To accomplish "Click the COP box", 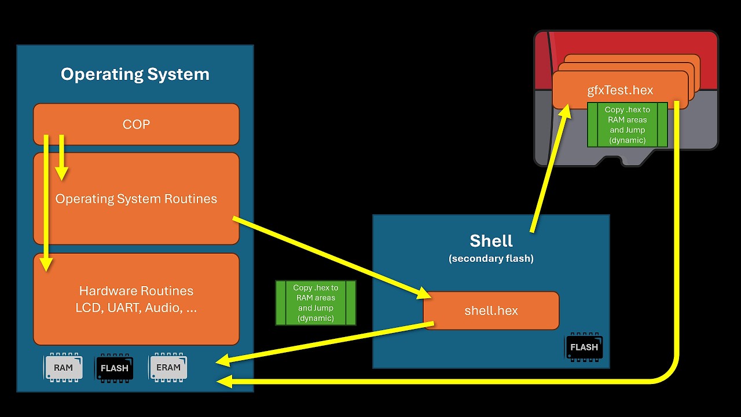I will tap(136, 124).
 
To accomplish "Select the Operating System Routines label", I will tap(136, 199).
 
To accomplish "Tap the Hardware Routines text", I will tap(136, 291).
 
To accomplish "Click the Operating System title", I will tap(135, 74).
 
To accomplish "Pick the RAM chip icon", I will tap(64, 368).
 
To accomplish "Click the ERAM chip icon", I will tap(168, 367).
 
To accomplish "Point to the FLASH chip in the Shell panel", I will tap(584, 347).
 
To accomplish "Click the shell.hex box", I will tap(491, 310).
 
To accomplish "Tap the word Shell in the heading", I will tap(491, 240).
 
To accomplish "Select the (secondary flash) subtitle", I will tap(491, 258).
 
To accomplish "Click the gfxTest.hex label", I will tap(620, 90).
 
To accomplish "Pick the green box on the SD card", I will tap(628, 125).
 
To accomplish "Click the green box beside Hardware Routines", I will tap(316, 302).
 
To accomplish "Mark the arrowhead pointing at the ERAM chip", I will tap(223, 361).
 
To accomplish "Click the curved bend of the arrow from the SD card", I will tap(669, 373).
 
